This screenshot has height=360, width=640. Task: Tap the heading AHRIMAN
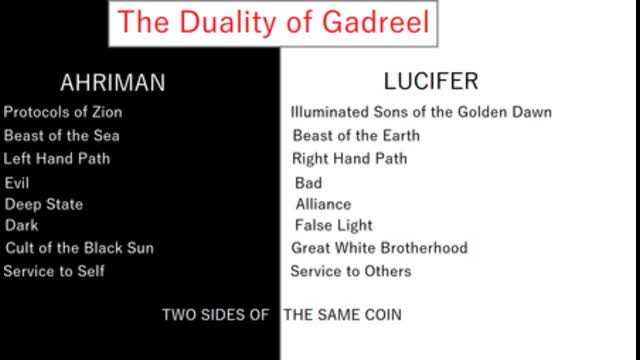click(112, 83)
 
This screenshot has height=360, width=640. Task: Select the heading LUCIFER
click(431, 81)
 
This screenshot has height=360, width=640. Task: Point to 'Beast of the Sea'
click(62, 135)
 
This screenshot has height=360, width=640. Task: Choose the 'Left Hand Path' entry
click(57, 158)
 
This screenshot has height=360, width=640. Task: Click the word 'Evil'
click(17, 183)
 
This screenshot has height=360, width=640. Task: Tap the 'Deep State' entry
click(44, 204)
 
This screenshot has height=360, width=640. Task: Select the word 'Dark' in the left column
click(21, 226)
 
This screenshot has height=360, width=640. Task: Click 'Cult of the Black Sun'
click(79, 248)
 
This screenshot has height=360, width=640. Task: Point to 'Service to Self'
click(54, 271)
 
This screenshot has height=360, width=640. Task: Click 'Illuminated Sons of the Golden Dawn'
click(421, 112)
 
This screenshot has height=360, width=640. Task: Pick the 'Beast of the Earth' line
click(356, 135)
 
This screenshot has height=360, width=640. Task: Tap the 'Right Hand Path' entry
click(349, 158)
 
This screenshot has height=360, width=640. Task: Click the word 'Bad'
click(308, 183)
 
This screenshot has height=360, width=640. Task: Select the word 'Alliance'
click(323, 204)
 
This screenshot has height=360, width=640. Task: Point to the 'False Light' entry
click(333, 226)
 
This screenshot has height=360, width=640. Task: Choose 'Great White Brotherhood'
click(379, 248)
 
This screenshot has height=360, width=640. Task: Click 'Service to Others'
click(350, 271)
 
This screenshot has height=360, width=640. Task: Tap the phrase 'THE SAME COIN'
click(343, 315)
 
